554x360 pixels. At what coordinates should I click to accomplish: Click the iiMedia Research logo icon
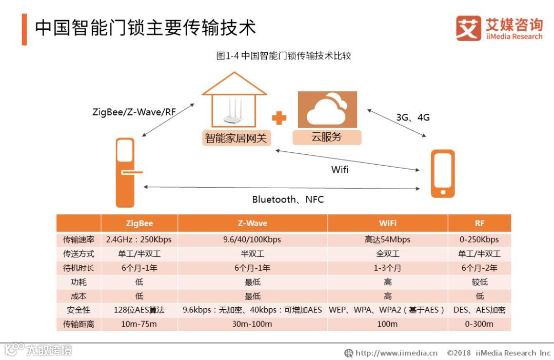coord(468,28)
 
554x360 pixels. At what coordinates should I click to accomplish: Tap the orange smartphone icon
coord(442,173)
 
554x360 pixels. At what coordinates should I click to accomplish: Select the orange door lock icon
coord(126,172)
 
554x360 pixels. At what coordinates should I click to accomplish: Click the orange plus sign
coord(279,118)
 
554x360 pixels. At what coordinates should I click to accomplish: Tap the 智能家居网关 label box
coord(236,138)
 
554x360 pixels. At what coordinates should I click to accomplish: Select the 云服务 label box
coord(327,137)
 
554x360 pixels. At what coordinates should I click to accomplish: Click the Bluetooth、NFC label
coord(288,199)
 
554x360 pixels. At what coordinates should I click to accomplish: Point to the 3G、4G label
coord(412,117)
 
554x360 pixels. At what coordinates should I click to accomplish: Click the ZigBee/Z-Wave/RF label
coord(134,112)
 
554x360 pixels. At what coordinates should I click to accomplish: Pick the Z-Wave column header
coord(252,224)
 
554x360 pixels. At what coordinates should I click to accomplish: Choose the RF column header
coord(479,224)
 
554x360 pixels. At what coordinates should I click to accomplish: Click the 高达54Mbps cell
coord(387,239)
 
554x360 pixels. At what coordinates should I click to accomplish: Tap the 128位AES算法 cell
coord(139,310)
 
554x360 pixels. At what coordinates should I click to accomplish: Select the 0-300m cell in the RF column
coord(479,324)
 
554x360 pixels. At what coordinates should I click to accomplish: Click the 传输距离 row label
coord(78,324)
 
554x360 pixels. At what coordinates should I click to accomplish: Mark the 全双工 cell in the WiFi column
coord(387,254)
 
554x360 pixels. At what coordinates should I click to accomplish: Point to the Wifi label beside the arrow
coord(340,169)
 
